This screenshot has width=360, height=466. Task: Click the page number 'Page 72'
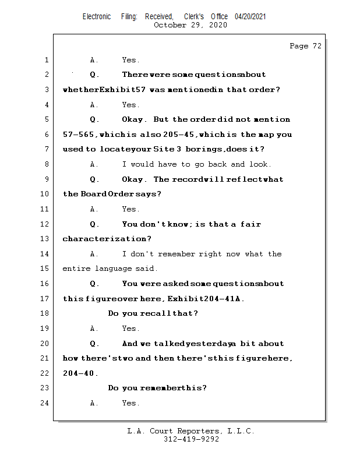coord(305,46)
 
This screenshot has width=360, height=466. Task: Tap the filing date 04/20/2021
coord(250,17)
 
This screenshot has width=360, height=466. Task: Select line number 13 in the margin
coord(46,239)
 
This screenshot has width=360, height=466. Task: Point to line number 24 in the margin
coord(46,403)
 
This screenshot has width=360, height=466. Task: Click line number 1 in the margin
coord(46,60)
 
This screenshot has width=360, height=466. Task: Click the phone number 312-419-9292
coord(191,440)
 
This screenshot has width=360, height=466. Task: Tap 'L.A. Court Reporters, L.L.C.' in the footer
coord(191,432)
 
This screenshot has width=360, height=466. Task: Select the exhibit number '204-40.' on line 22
coord(80,373)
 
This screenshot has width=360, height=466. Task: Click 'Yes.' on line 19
coord(130,329)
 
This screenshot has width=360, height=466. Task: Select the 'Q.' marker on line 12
coord(94,224)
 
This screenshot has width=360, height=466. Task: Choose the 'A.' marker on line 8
coord(94,164)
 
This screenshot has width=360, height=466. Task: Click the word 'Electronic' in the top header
coord(97,17)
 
